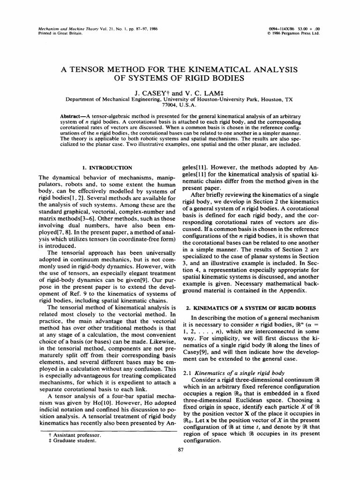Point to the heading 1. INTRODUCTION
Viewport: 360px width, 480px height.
[107, 167]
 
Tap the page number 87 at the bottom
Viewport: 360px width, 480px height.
[180, 450]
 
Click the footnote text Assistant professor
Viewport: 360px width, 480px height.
[75, 435]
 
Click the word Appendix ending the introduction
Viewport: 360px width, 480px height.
[292, 291]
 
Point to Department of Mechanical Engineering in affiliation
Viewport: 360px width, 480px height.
[109, 100]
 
